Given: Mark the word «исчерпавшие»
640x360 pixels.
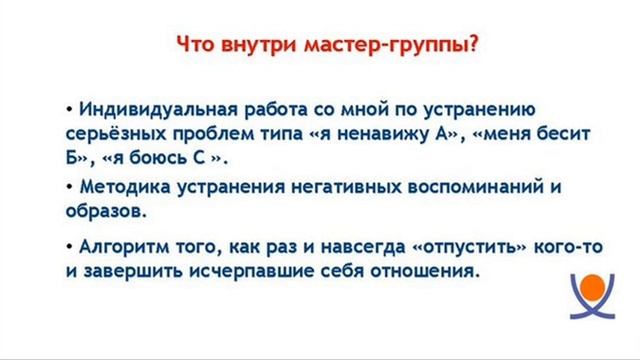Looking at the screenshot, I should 248,270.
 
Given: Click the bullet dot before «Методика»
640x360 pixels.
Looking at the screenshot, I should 69,187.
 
